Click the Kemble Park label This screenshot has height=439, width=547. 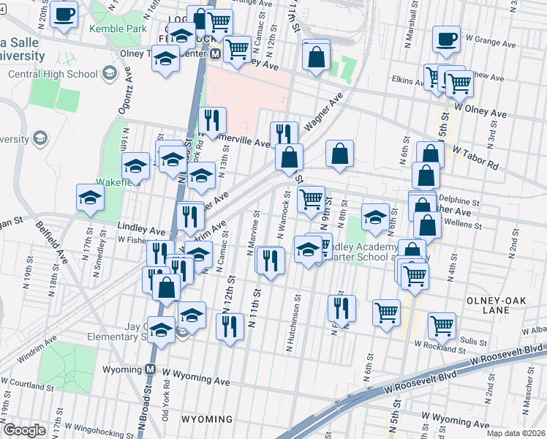(x=115, y=29)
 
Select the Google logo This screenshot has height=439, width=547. (x=24, y=430)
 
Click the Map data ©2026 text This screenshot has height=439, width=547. (x=516, y=433)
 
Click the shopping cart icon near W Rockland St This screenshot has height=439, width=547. (x=442, y=325)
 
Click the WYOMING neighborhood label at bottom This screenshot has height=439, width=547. (x=207, y=420)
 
